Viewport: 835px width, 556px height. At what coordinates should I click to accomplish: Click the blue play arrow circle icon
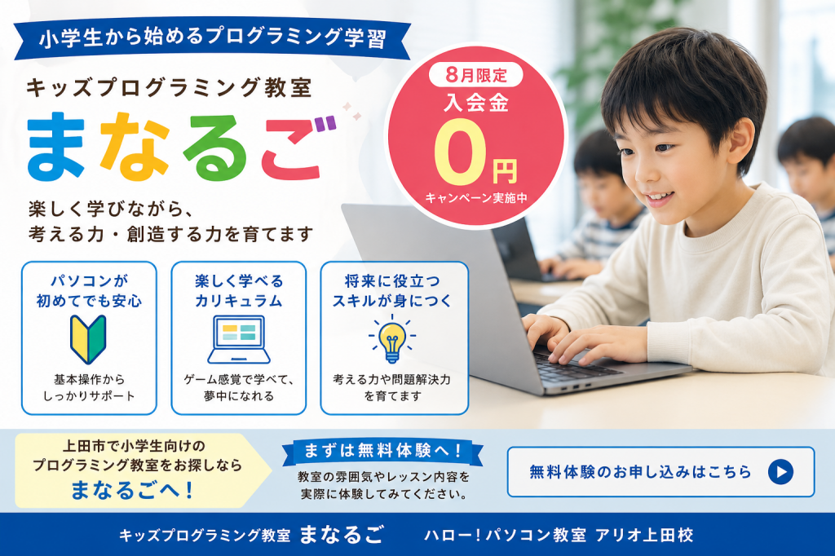(x=780, y=472)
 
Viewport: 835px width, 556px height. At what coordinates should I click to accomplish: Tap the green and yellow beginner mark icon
(x=88, y=339)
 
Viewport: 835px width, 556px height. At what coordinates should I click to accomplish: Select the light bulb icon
(x=392, y=338)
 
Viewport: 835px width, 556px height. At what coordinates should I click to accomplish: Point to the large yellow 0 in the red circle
(x=460, y=152)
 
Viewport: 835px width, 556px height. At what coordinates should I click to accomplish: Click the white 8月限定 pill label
(x=476, y=75)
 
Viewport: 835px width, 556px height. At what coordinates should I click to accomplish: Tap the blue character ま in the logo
(x=56, y=145)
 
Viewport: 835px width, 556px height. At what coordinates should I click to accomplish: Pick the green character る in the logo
(x=215, y=147)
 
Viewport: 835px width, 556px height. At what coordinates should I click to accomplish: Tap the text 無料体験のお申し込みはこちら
(x=640, y=472)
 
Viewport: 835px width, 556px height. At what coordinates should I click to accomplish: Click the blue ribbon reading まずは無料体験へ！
(x=382, y=451)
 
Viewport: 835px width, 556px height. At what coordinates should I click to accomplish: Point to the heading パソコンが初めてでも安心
(x=89, y=291)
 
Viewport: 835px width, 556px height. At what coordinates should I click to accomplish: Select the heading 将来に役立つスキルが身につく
(x=392, y=291)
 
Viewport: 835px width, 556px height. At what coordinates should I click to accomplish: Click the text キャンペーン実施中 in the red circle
(x=476, y=198)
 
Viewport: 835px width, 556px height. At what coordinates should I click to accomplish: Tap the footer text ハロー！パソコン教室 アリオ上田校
(x=559, y=535)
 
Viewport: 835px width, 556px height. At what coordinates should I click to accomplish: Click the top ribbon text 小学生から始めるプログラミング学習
(x=213, y=38)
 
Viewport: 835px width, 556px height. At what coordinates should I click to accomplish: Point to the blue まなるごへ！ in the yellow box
(x=131, y=490)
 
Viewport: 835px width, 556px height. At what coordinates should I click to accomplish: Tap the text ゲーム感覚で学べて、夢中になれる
(x=239, y=388)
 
